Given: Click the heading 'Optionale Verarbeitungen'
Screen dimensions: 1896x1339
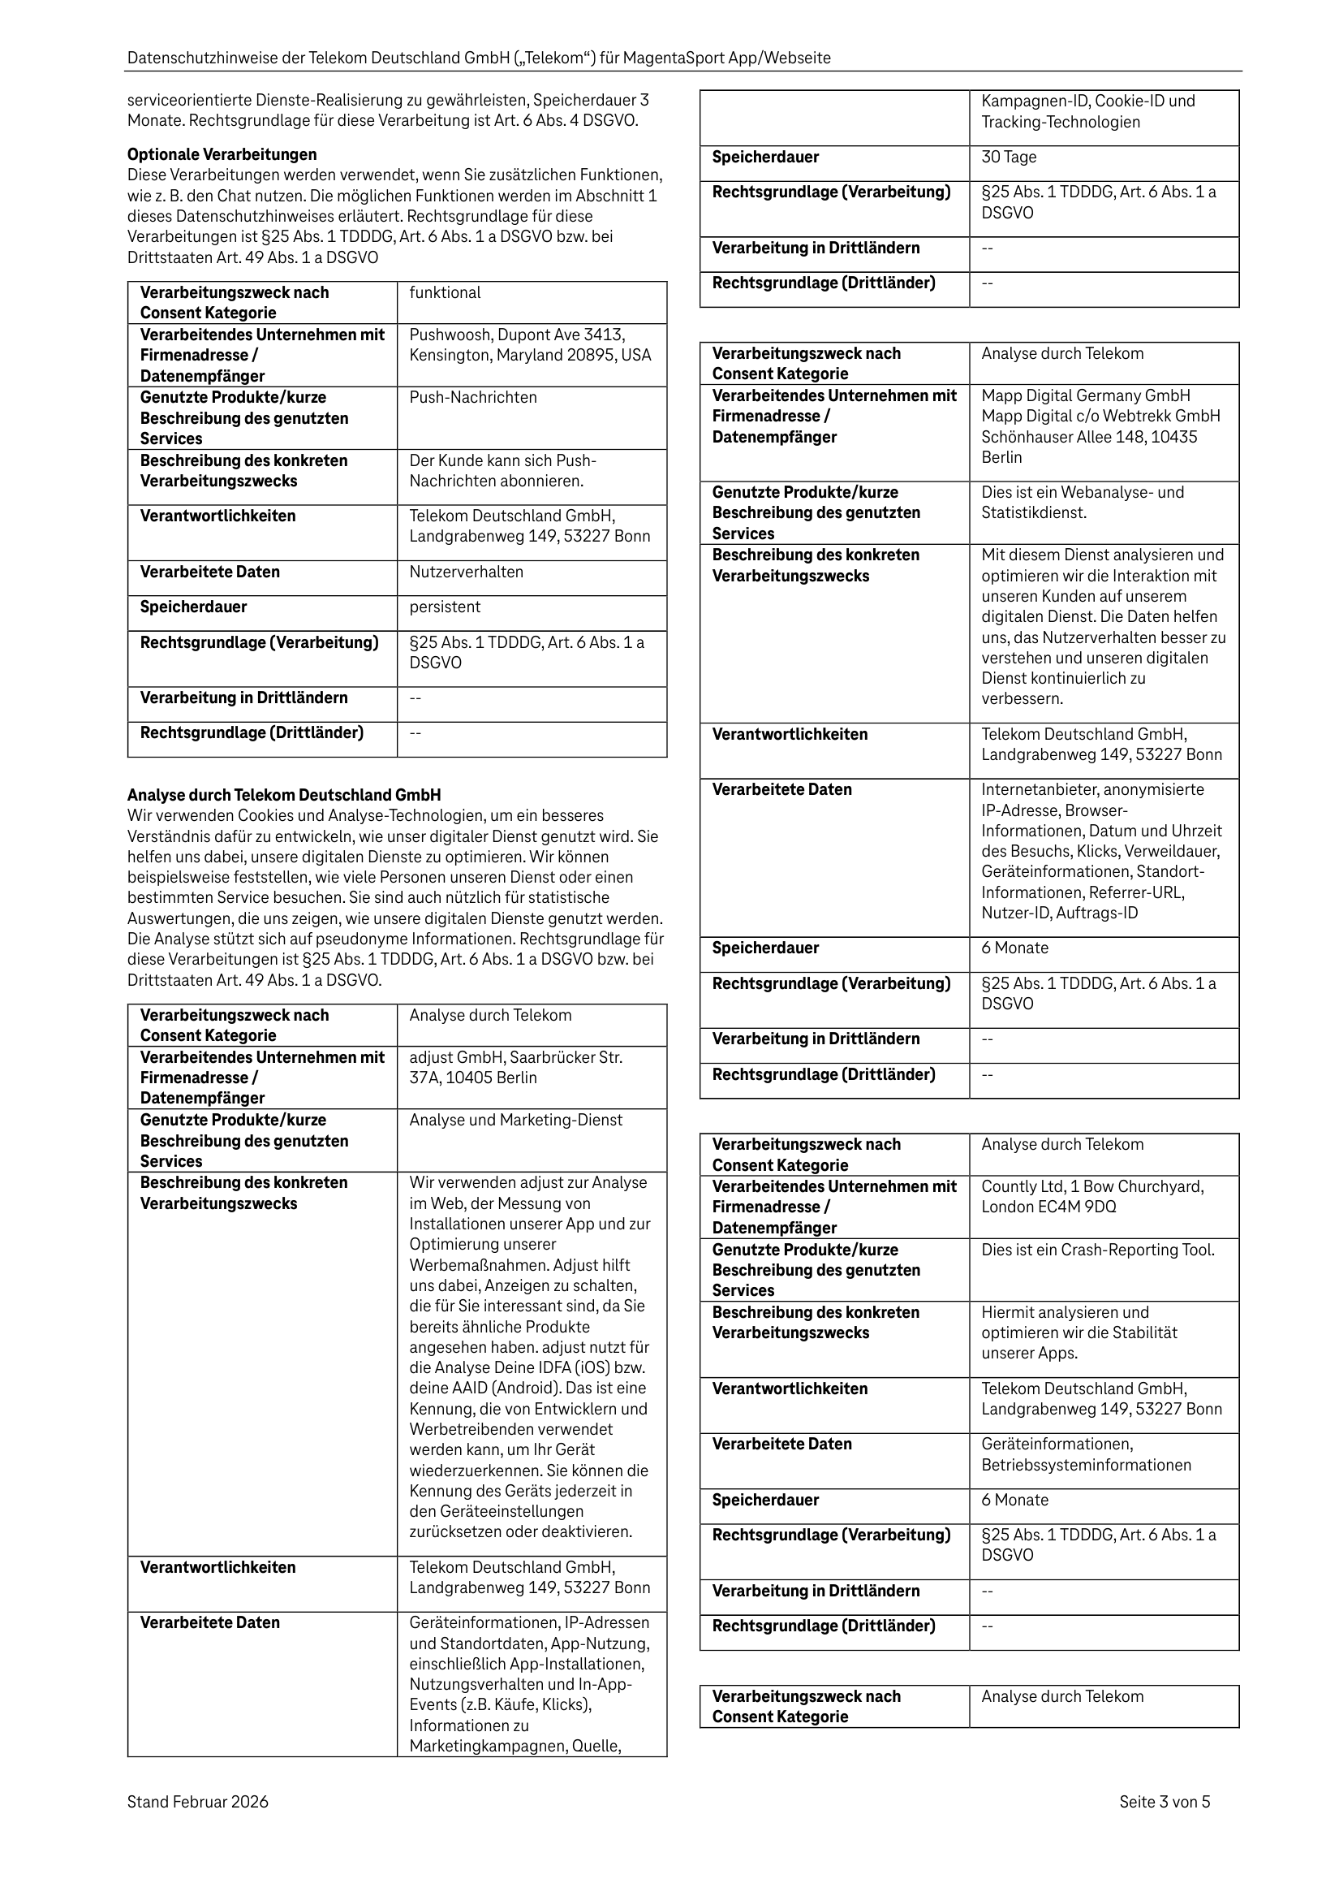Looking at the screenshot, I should click(x=222, y=154).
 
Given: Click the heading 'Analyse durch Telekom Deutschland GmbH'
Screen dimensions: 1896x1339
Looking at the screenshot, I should click(x=283, y=794).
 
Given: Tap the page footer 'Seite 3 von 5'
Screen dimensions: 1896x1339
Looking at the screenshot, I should click(x=1164, y=1801).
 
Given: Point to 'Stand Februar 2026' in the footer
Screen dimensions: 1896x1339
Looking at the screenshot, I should click(x=197, y=1801).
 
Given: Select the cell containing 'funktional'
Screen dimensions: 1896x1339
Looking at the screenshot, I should click(x=531, y=302).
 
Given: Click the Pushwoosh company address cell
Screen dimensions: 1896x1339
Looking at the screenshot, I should click(x=531, y=354).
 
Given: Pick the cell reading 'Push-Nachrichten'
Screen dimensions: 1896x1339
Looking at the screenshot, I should click(x=531, y=417).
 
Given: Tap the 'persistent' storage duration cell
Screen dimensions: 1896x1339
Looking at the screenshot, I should click(x=531, y=613).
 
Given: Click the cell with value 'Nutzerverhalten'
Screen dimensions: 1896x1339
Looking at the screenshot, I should click(x=531, y=577).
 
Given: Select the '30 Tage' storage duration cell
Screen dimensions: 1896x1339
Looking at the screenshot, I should click(x=1103, y=162).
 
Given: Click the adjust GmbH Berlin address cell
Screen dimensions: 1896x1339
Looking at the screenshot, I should click(x=531, y=1076).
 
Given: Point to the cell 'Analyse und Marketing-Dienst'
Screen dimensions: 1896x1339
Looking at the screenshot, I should click(x=531, y=1138).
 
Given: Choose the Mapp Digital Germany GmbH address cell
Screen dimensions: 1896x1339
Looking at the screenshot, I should click(x=1103, y=432).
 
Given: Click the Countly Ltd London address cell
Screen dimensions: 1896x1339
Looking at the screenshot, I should click(x=1103, y=1206).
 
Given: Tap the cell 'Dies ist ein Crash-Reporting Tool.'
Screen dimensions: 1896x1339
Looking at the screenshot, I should click(x=1103, y=1268).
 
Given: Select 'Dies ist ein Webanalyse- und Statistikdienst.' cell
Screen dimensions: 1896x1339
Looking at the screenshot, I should click(x=1103, y=512).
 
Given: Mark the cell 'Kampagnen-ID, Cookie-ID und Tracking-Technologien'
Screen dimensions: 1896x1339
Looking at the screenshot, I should click(x=1103, y=116).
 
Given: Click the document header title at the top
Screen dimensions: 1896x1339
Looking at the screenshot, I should click(x=479, y=58).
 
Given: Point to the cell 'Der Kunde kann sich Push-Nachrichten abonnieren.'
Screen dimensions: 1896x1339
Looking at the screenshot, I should click(x=531, y=477).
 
